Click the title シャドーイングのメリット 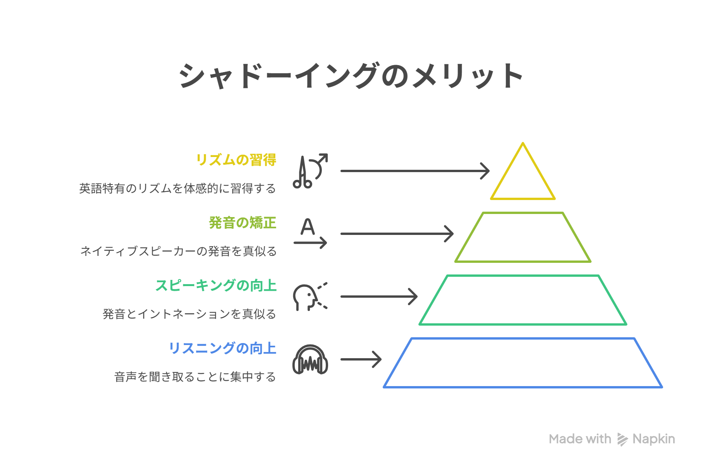coord(351,76)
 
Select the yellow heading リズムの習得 coord(236,160)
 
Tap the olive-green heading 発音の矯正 coord(242,223)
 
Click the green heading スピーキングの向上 coord(216,285)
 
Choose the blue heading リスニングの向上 coord(222,348)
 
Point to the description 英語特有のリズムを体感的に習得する coord(177,188)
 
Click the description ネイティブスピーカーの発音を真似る coord(178,251)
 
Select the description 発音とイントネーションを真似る coord(189,314)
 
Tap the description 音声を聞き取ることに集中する coord(195,377)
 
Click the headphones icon coord(310,360)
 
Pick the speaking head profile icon coord(309,297)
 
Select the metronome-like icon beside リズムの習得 coord(310,171)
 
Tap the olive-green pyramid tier coord(523,237)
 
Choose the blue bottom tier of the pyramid coord(523,363)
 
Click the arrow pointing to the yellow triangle coord(414,171)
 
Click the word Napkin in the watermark coord(653,439)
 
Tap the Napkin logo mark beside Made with coord(622,439)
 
